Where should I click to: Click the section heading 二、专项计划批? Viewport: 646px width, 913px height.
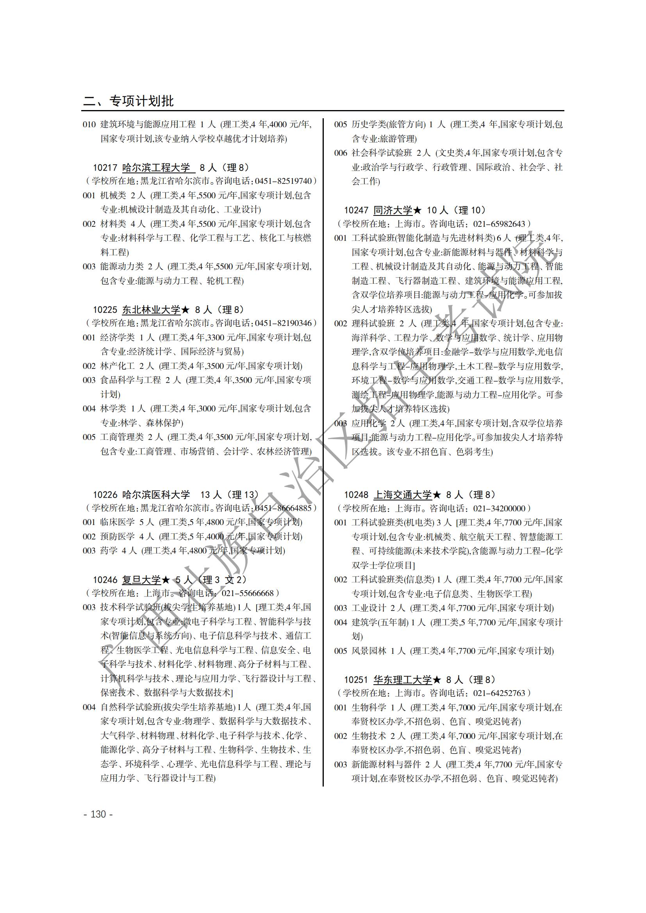[x=128, y=101]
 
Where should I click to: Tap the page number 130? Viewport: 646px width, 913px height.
[x=98, y=814]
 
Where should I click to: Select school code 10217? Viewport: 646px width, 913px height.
[x=105, y=168]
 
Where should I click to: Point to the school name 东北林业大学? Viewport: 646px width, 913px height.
[x=151, y=310]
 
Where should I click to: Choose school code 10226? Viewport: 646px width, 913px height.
[x=105, y=495]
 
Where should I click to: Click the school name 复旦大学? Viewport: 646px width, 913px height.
[x=141, y=580]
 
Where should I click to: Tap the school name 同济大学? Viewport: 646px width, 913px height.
[x=393, y=210]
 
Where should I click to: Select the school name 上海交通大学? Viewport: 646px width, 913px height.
[x=402, y=495]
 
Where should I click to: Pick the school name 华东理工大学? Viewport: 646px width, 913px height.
[x=402, y=680]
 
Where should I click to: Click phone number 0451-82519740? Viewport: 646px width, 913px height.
[x=283, y=182]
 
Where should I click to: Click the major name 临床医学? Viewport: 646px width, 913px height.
[x=117, y=522]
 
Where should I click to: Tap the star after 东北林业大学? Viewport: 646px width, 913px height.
[x=185, y=310]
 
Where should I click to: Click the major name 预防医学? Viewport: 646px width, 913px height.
[x=117, y=536]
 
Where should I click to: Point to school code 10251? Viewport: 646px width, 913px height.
[x=356, y=680]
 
